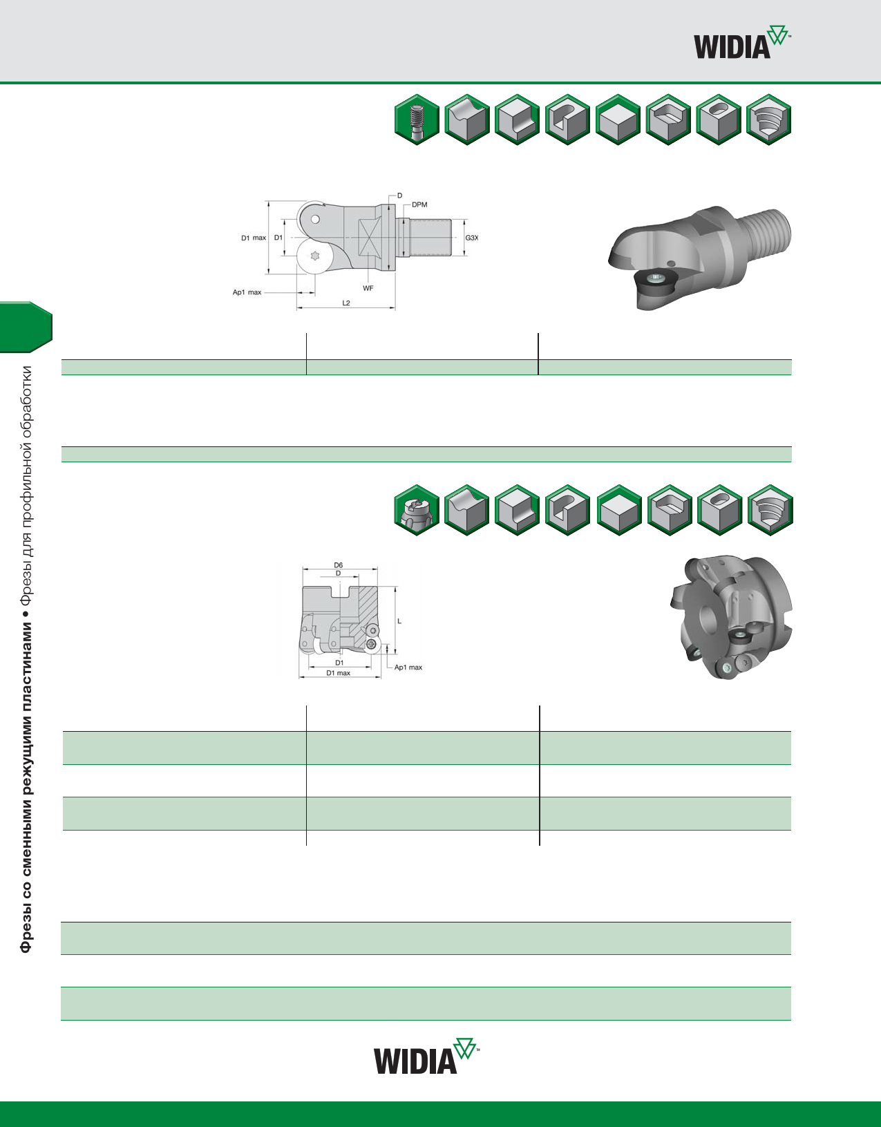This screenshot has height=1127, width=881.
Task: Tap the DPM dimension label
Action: (x=419, y=205)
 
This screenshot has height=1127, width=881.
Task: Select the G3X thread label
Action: (x=471, y=238)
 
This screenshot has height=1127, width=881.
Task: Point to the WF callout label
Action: (x=368, y=288)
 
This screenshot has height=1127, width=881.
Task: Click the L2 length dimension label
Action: (x=346, y=303)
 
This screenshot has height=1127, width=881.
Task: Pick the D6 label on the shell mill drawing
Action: (x=338, y=565)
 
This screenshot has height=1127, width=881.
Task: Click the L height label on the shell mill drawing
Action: (x=399, y=621)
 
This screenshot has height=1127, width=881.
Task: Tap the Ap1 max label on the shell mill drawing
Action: (x=408, y=667)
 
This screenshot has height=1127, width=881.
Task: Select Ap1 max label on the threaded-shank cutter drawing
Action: (x=247, y=292)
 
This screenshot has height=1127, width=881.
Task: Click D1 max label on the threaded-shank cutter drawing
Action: (x=253, y=238)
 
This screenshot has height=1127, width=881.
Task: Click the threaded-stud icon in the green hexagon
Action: (x=417, y=120)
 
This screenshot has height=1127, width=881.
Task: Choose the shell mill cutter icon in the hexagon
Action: (x=417, y=511)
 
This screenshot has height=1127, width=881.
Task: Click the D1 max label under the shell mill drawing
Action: (x=338, y=673)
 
